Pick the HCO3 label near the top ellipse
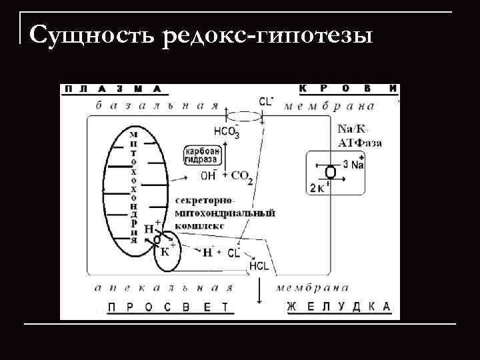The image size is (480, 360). (227, 131)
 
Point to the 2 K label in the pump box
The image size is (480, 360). (318, 188)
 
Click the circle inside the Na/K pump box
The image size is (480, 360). (331, 172)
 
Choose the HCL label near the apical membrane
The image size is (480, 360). (259, 265)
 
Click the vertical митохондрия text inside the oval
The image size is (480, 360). (134, 186)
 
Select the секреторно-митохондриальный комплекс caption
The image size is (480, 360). (224, 213)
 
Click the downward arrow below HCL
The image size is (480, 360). (258, 290)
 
